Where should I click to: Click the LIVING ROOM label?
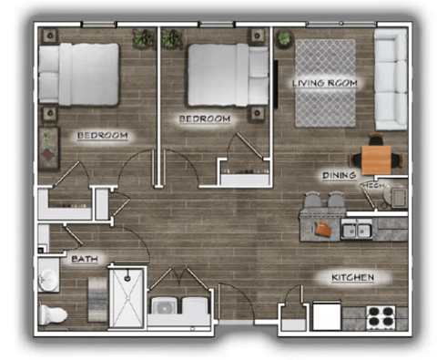coord(324,84)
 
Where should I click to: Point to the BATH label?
coord(85,259)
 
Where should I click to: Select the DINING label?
coord(338,175)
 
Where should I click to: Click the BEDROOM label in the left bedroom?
coord(102,136)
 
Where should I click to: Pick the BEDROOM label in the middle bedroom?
coord(204,118)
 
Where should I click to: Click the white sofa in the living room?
coord(391,79)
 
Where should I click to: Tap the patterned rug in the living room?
coord(325,84)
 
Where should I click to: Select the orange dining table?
coord(376,154)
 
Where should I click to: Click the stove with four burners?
coord(380,316)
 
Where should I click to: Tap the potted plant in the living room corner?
coord(285,38)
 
